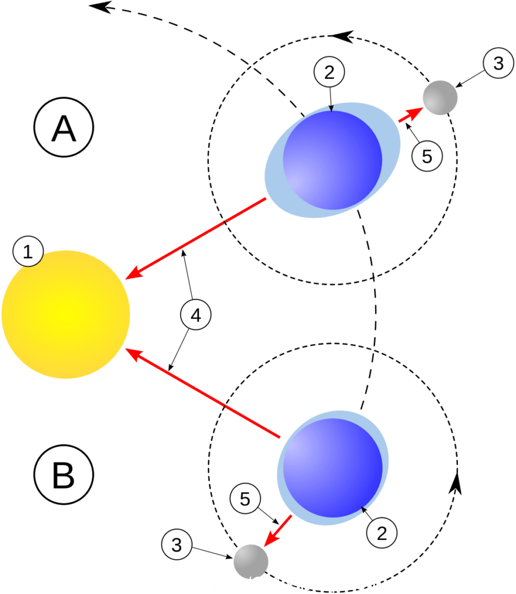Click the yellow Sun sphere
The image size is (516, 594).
[66, 314]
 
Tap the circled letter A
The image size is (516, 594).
[64, 128]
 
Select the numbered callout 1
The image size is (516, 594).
[27, 252]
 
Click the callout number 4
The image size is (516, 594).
[196, 316]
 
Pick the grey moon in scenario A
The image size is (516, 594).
[440, 97]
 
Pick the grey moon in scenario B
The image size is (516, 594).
[251, 561]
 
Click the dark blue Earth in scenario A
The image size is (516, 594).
[332, 160]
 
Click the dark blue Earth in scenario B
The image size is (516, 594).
[333, 468]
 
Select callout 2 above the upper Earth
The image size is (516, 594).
[330, 73]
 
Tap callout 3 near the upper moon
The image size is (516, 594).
[498, 63]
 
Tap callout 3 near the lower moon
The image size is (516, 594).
[177, 544]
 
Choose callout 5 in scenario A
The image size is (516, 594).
[427, 157]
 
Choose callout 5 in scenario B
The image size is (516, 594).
[245, 499]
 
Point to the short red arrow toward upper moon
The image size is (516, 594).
[411, 114]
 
